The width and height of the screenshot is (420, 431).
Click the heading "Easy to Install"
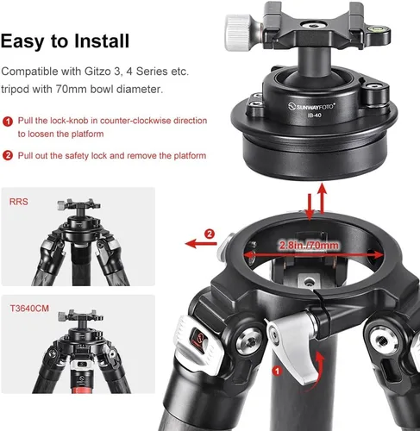[x=66, y=41]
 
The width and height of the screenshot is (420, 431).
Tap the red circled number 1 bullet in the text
[x=7, y=122]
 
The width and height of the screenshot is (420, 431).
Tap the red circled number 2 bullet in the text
[x=7, y=155]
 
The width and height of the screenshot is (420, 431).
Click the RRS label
[x=19, y=203]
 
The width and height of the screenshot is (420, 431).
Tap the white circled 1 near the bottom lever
[x=276, y=371]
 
